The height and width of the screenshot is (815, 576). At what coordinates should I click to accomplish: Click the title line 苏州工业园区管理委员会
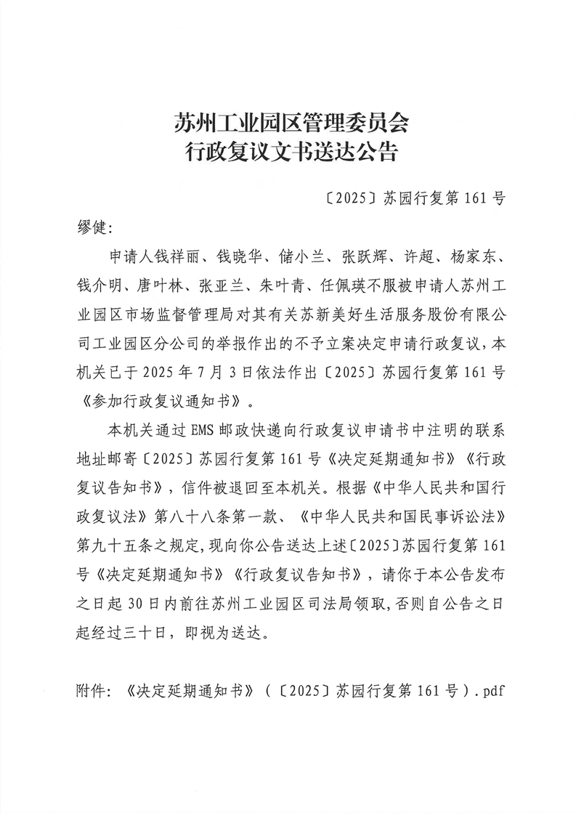[x=288, y=121]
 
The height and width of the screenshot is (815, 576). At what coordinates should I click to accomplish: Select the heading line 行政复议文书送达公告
[x=288, y=153]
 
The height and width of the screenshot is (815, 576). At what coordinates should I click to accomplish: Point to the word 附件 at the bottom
[x=90, y=689]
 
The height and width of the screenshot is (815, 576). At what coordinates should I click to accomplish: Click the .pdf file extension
[x=484, y=689]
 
